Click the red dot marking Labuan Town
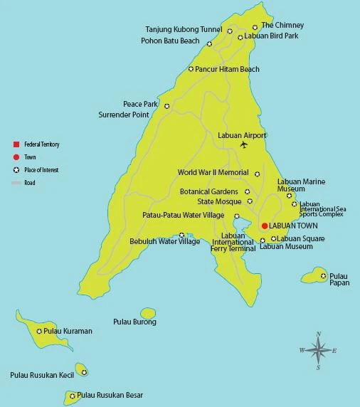pyautogui.click(x=265, y=226)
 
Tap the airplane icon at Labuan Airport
pyautogui.click(x=244, y=145)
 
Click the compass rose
pyautogui.click(x=318, y=350)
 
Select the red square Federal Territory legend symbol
pyautogui.click(x=16, y=144)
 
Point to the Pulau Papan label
pyautogui.click(x=339, y=280)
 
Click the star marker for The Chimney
pyautogui.click(x=255, y=28)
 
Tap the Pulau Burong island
pyautogui.click(x=148, y=313)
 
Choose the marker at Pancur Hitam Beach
pyautogui.click(x=191, y=69)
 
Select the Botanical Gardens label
pyautogui.click(x=210, y=191)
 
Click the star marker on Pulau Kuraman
pyautogui.click(x=39, y=331)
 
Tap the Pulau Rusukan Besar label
pyautogui.click(x=110, y=395)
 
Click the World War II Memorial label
pyautogui.click(x=213, y=173)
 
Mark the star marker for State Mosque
pyautogui.click(x=249, y=201)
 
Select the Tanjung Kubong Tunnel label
pyautogui.click(x=184, y=30)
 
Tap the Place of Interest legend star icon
pyautogui.click(x=16, y=170)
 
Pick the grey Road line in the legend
pyautogui.click(x=16, y=183)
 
